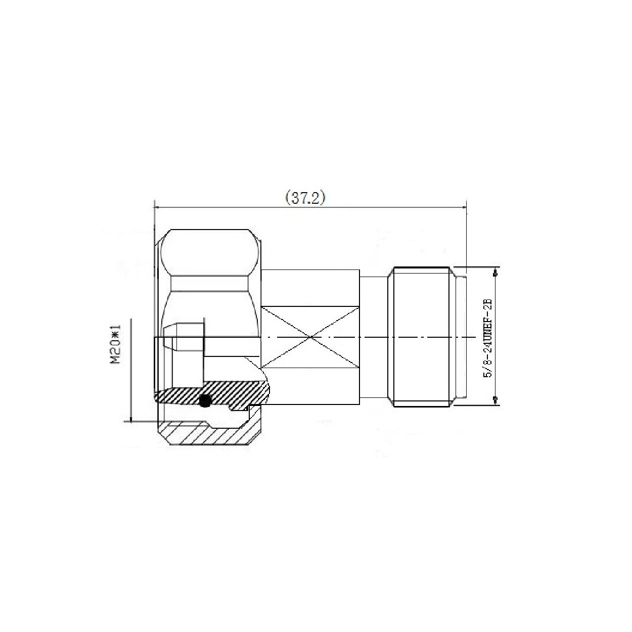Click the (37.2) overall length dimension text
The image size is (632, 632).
click(305, 198)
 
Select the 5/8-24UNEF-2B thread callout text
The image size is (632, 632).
click(489, 338)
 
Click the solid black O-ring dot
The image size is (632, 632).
click(205, 399)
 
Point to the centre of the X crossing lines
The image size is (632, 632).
click(310, 337)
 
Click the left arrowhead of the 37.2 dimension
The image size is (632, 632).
click(157, 207)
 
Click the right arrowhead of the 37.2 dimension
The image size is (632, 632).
click(463, 207)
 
